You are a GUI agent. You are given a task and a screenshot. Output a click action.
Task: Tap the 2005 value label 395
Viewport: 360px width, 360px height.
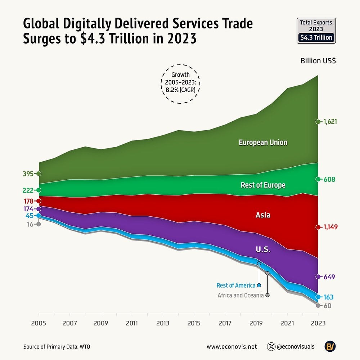[28, 174]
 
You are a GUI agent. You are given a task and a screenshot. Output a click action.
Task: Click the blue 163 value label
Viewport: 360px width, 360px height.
[328, 297]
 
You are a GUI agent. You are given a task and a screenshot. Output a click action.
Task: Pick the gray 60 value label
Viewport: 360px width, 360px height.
[327, 306]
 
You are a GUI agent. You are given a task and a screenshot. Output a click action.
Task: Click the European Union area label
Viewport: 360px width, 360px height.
[263, 142]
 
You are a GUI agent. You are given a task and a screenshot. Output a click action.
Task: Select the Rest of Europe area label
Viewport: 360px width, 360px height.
[263, 185]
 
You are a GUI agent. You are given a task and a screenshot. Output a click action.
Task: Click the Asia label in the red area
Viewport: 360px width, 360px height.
[263, 215]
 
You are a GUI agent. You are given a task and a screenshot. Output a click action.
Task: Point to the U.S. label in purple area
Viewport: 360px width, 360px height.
[263, 249]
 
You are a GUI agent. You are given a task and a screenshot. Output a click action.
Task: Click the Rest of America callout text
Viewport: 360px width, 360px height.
[236, 285]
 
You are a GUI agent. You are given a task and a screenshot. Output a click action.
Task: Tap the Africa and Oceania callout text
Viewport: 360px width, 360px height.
[240, 295]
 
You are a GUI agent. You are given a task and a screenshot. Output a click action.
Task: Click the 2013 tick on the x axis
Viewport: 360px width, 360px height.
[163, 323]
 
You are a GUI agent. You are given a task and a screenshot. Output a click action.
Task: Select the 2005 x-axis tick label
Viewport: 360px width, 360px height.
[39, 323]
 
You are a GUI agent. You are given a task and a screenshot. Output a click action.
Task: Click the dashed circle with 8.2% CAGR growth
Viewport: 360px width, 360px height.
[180, 84]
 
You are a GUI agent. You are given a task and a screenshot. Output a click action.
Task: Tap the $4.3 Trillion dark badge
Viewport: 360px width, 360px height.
[316, 37]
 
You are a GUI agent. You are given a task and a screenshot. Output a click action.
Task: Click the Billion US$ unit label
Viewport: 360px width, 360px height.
[318, 60]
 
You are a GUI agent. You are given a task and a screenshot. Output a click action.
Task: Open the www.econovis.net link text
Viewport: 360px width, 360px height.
[231, 347]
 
